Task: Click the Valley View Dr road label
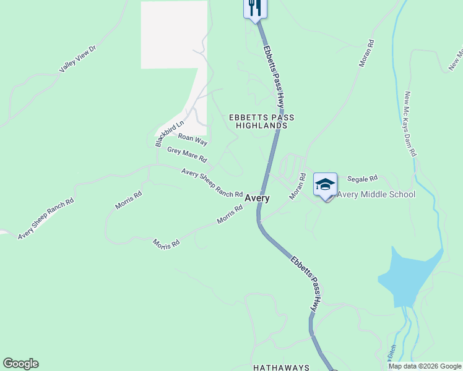click(78, 59)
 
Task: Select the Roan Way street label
click(192, 139)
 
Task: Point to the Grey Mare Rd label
click(188, 155)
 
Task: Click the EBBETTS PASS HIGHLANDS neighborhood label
click(262, 121)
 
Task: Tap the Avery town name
click(257, 198)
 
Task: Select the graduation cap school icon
click(326, 184)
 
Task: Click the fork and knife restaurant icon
click(254, 8)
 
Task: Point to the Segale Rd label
click(363, 179)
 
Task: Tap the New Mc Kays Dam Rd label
click(410, 124)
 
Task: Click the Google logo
click(20, 364)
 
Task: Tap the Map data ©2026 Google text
click(425, 367)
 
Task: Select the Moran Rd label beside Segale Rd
click(298, 186)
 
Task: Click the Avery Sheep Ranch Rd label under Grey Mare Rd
click(211, 182)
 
